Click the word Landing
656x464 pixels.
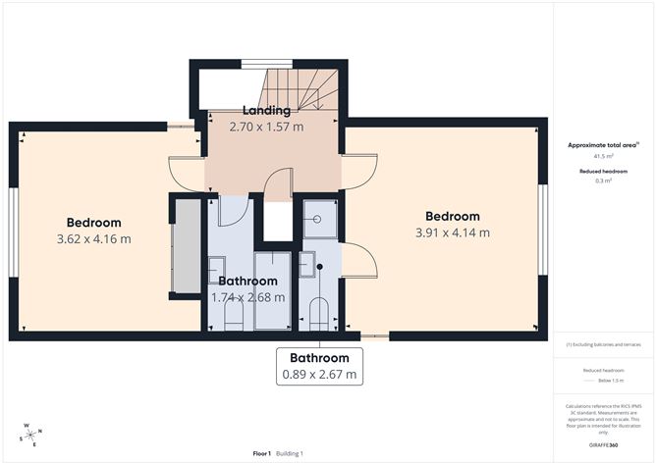(266, 111)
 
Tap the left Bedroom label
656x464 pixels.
(94, 222)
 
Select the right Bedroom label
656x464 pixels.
(453, 217)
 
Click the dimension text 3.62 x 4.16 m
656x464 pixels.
(94, 238)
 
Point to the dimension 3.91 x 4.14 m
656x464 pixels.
(453, 233)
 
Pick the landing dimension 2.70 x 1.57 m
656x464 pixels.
(266, 127)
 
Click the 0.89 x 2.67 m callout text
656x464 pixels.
(319, 375)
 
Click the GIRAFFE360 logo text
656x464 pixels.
(604, 445)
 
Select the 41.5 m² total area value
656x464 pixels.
(603, 156)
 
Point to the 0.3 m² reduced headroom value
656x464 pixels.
(603, 180)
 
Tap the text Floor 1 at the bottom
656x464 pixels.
(262, 453)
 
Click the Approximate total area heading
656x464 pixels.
(603, 145)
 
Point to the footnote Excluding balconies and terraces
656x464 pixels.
(604, 344)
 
